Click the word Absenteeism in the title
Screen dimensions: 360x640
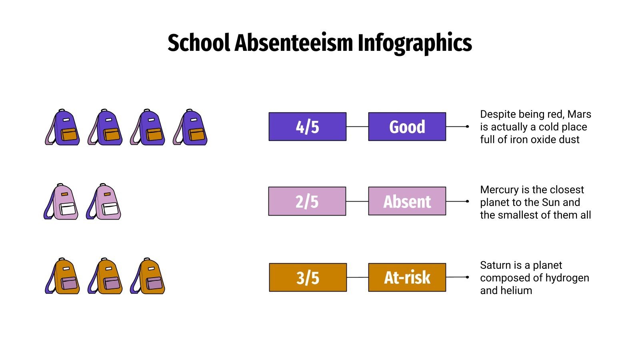(x=294, y=43)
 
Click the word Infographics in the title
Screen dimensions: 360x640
(x=414, y=43)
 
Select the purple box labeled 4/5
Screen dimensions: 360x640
(x=307, y=127)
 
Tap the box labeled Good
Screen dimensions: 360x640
(x=407, y=127)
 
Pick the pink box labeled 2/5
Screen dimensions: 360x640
(x=307, y=201)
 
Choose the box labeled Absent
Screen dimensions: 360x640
(x=407, y=201)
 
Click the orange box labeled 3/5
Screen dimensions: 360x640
(x=308, y=277)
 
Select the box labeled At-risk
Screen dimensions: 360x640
(x=407, y=277)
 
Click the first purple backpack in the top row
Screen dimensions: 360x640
(x=62, y=127)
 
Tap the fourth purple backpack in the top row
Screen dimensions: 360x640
(x=190, y=127)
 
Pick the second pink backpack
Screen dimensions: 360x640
(x=104, y=202)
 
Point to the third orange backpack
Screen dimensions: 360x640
(x=148, y=276)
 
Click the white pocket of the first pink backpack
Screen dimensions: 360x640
(x=68, y=209)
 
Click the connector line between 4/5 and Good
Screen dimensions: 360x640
(x=357, y=127)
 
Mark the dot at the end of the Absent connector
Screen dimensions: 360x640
(x=467, y=201)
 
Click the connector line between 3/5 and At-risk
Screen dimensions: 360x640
(x=357, y=277)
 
